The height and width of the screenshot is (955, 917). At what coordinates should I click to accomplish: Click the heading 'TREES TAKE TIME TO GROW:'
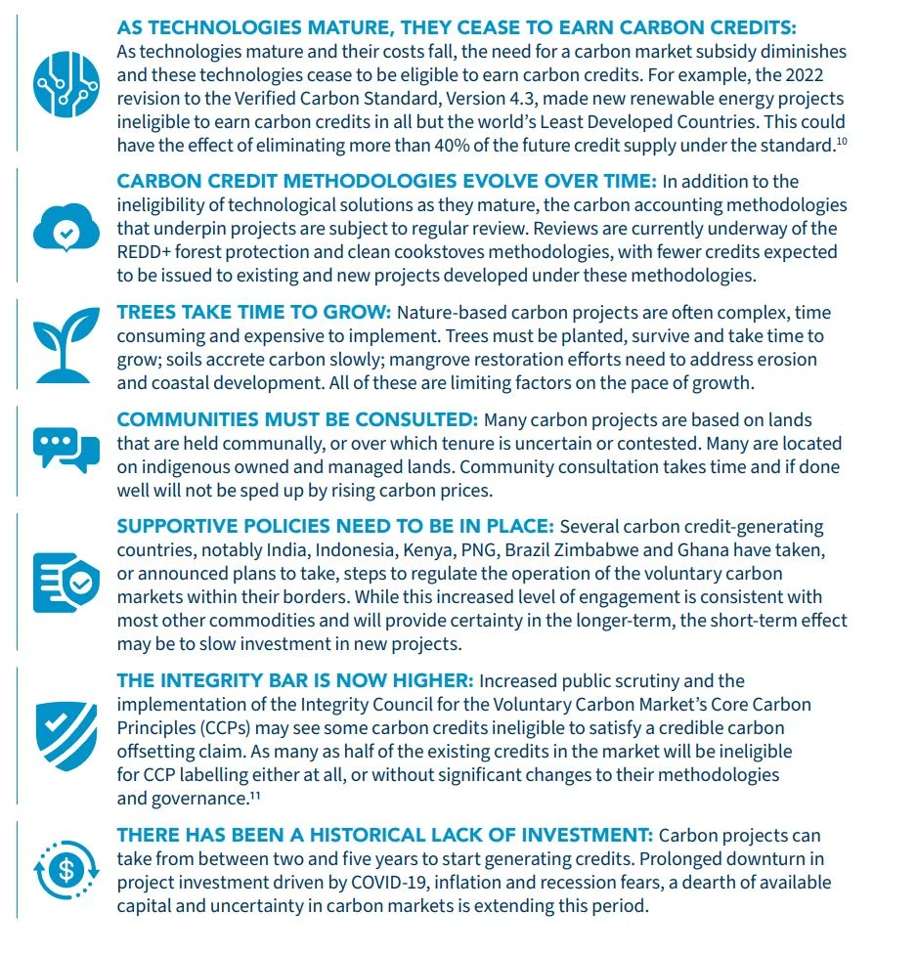253,313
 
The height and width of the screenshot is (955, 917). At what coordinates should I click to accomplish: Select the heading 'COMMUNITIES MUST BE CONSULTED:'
297,419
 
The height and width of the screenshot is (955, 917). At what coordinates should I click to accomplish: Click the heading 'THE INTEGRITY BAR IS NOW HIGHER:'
294,680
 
